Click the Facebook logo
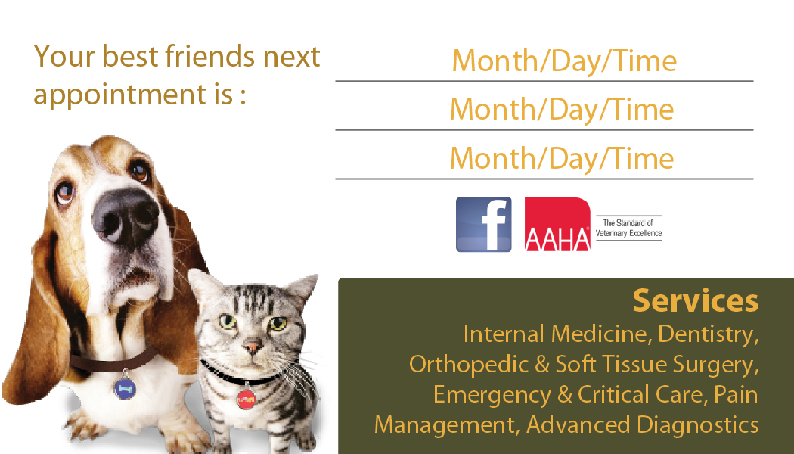point(484,225)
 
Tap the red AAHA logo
point(557,225)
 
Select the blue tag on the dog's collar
point(125,389)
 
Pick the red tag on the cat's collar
point(246,399)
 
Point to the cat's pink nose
point(252,347)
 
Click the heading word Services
point(696,300)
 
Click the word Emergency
point(492,395)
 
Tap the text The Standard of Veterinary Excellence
point(628,228)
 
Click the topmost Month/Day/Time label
point(564,61)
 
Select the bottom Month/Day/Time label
point(562,159)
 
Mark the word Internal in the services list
point(504,334)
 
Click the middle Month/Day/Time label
point(562,110)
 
